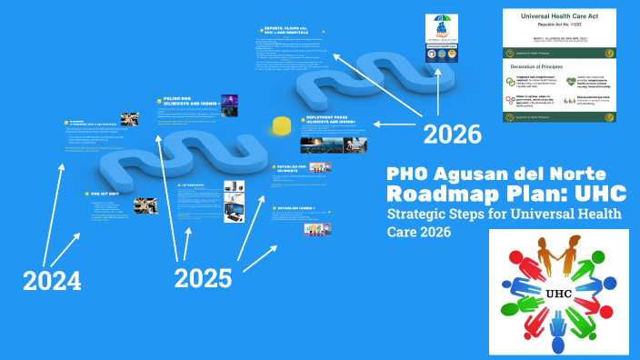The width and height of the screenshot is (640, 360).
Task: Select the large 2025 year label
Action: point(203,277)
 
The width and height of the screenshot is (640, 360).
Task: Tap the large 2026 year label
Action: point(452,135)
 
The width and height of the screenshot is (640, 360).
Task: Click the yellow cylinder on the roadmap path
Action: point(283,125)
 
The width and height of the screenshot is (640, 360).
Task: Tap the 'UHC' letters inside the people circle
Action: point(558,294)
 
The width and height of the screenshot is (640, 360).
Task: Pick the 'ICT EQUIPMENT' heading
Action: point(193,185)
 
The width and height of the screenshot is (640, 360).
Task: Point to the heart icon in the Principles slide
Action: point(570,79)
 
